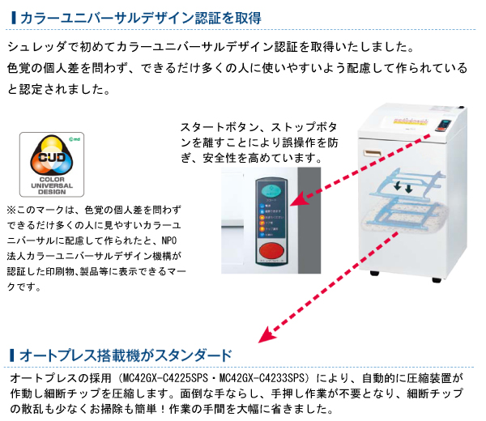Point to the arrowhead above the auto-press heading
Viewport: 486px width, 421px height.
click(x=263, y=336)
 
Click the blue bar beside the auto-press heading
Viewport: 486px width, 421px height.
click(x=11, y=355)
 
